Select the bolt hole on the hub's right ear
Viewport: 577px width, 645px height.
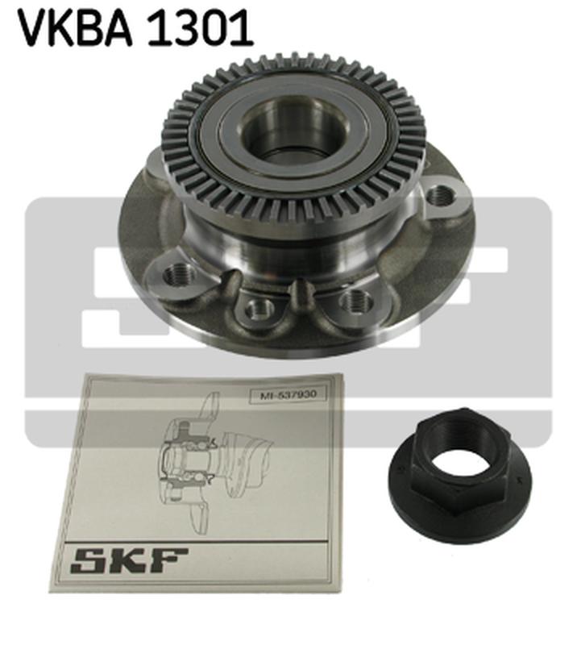(x=439, y=195)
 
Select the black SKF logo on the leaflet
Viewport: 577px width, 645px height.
(x=130, y=560)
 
